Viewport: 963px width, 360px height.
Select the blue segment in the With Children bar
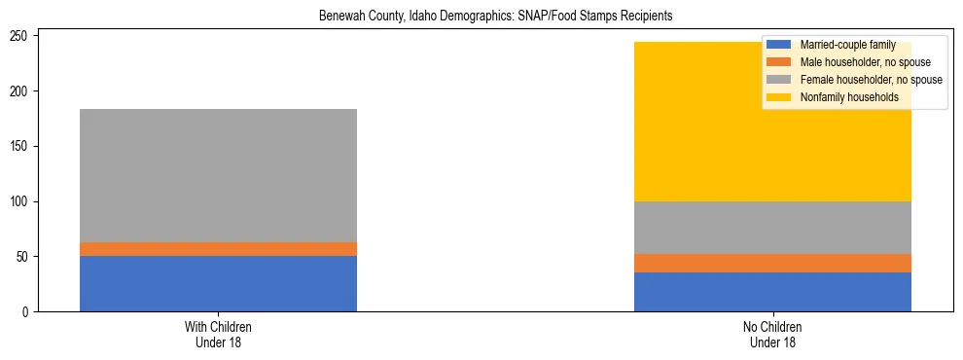(x=218, y=283)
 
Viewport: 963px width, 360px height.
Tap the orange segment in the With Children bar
(x=218, y=249)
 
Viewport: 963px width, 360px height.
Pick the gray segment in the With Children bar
(x=218, y=175)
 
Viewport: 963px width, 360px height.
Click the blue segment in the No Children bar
(x=772, y=292)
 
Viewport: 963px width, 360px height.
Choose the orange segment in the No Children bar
(x=772, y=263)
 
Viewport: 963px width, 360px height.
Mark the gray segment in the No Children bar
(x=772, y=228)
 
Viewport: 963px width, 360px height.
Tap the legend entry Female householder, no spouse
(x=856, y=80)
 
